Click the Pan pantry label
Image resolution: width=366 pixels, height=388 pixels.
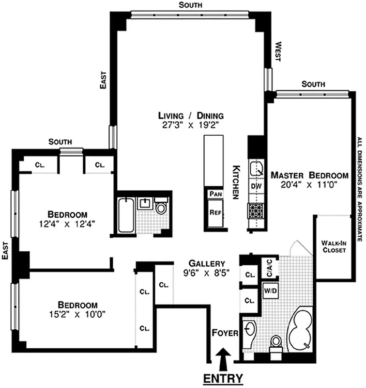(x=215, y=194)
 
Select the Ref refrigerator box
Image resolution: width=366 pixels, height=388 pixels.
(x=215, y=212)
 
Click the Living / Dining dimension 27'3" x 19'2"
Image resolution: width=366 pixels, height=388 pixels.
(x=191, y=125)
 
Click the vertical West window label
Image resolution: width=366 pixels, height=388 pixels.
(x=278, y=51)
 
